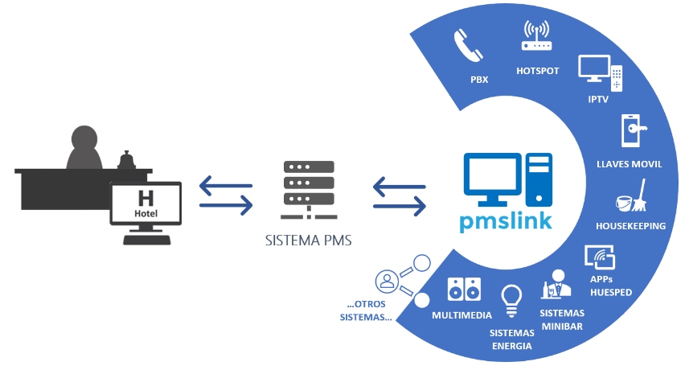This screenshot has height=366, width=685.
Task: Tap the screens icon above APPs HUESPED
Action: pyautogui.click(x=599, y=257)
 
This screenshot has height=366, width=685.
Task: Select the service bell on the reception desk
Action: pyautogui.click(x=125, y=162)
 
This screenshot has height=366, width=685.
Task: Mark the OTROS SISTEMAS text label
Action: pyautogui.click(x=366, y=310)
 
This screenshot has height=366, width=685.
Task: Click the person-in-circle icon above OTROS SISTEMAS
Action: pyautogui.click(x=388, y=282)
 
